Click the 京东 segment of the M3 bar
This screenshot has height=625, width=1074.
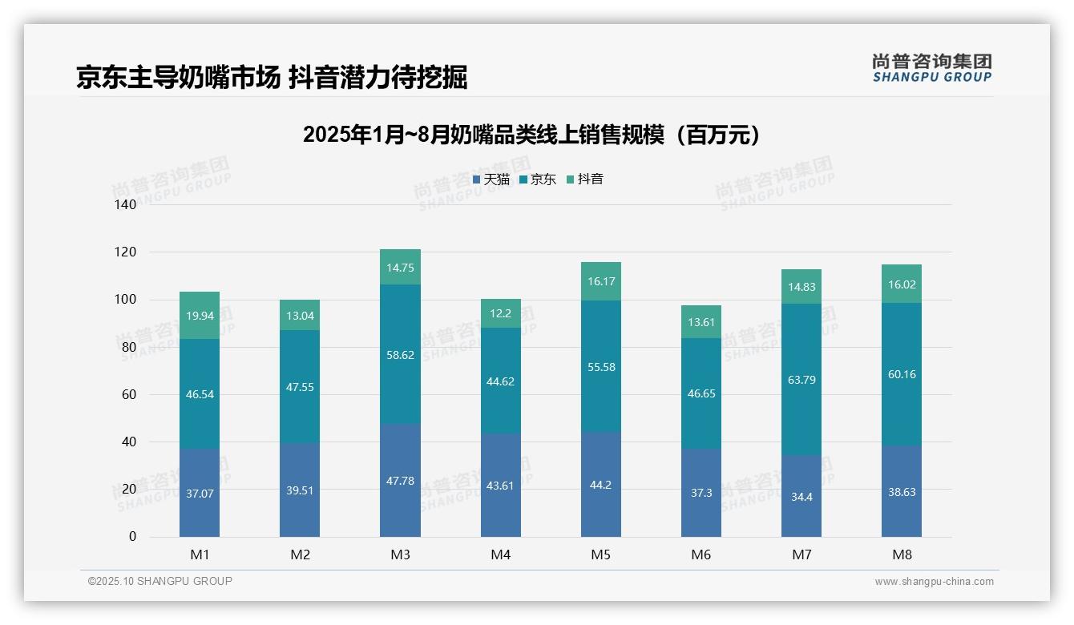[x=400, y=354]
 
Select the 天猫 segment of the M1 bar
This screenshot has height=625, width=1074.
[x=200, y=493]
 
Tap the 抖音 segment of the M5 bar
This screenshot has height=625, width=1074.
[x=600, y=281]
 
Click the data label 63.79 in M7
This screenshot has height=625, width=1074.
[x=801, y=380]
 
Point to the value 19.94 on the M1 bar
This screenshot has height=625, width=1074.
[x=200, y=316]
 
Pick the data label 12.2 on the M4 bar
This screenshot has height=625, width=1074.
[x=500, y=313]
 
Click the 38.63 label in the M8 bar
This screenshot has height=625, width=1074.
[x=902, y=492]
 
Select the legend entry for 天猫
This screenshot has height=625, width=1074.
[x=491, y=179]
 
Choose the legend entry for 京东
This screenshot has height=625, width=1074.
[x=538, y=179]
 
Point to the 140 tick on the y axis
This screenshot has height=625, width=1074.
[x=126, y=204]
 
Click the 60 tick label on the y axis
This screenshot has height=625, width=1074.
[x=129, y=394]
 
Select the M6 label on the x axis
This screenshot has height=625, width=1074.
[x=701, y=554]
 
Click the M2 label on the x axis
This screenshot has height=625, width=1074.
[x=300, y=554]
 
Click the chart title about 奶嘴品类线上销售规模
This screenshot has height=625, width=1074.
[x=531, y=135]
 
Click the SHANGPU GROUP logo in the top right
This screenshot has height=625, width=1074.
[x=931, y=68]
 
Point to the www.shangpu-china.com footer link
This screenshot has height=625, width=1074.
[x=934, y=582]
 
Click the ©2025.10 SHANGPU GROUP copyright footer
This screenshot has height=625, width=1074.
[x=160, y=581]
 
